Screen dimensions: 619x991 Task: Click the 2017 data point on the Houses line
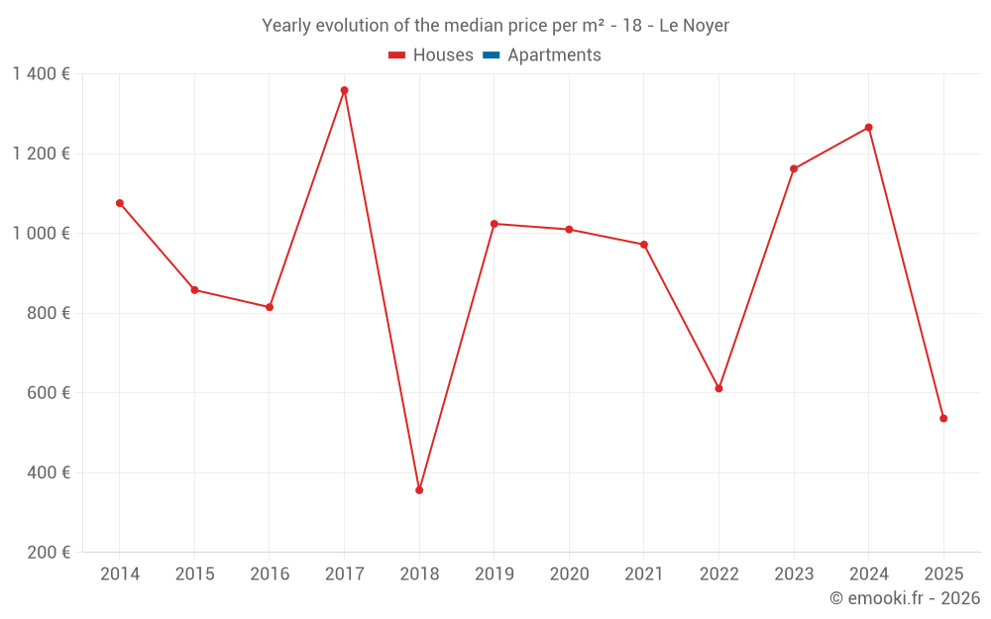pos(344,90)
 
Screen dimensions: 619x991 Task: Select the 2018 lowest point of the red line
pos(419,490)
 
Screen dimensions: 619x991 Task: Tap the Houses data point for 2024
pos(869,128)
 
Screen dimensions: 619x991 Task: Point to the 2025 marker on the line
pos(943,418)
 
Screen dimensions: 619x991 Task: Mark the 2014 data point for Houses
pos(120,203)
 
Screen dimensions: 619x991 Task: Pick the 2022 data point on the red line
pos(718,388)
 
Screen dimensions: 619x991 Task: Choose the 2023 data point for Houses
pos(794,168)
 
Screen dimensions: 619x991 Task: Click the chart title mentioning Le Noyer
pos(495,26)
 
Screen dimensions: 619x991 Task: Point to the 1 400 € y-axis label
pos(41,74)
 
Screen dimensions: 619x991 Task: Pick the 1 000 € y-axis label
pos(41,234)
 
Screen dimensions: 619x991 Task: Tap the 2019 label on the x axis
pos(494,574)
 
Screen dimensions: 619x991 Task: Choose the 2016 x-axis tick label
pos(270,574)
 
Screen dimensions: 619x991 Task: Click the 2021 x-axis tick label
pos(644,574)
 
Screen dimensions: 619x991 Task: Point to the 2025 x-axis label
pos(943,574)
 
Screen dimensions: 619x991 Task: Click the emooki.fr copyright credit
pos(905,598)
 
